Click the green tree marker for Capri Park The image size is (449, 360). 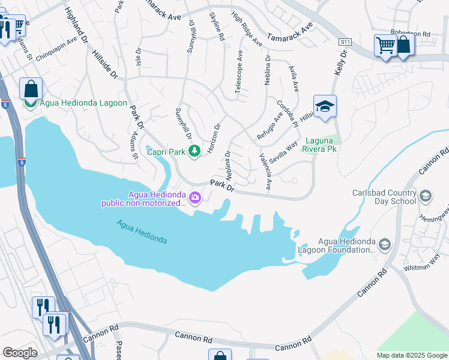(194, 150)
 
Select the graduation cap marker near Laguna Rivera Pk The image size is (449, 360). (325, 107)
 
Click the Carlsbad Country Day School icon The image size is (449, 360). (425, 196)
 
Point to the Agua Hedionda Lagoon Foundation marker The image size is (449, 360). (384, 244)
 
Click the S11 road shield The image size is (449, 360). (344, 42)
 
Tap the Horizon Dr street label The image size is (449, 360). (214, 138)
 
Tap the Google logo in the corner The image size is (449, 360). (19, 352)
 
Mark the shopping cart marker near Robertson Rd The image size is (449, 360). (385, 46)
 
